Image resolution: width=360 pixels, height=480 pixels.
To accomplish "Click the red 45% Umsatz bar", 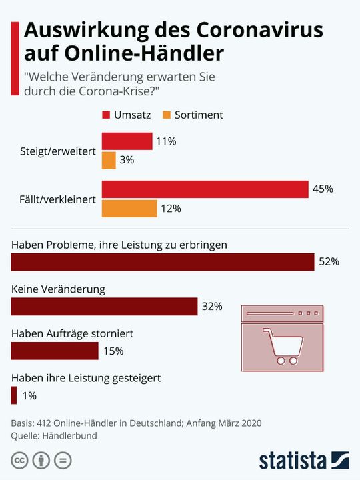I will tap(205, 189).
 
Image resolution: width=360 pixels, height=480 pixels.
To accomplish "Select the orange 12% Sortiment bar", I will tap(129, 209).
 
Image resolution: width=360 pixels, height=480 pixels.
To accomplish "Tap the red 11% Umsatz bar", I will tap(127, 141).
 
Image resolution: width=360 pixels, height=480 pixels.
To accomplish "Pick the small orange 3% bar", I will tap(109, 160).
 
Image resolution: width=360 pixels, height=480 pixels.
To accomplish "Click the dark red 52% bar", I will tap(163, 262).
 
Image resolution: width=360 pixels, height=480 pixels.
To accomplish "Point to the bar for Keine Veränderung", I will tap(105, 307).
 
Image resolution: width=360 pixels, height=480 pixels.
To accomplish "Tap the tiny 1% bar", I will tap(14, 395).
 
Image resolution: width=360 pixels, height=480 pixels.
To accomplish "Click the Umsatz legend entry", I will tap(127, 115).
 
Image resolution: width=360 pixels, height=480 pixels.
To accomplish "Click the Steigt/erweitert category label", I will tap(58, 151).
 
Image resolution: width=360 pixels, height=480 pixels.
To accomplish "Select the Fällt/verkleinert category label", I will tap(58, 199).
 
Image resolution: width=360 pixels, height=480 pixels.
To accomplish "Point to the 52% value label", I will tap(329, 262).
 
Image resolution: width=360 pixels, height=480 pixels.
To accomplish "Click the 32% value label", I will tap(212, 307).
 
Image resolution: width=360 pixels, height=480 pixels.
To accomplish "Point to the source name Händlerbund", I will tap(69, 435).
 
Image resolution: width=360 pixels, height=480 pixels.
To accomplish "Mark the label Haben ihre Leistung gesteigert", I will tap(86, 378).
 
